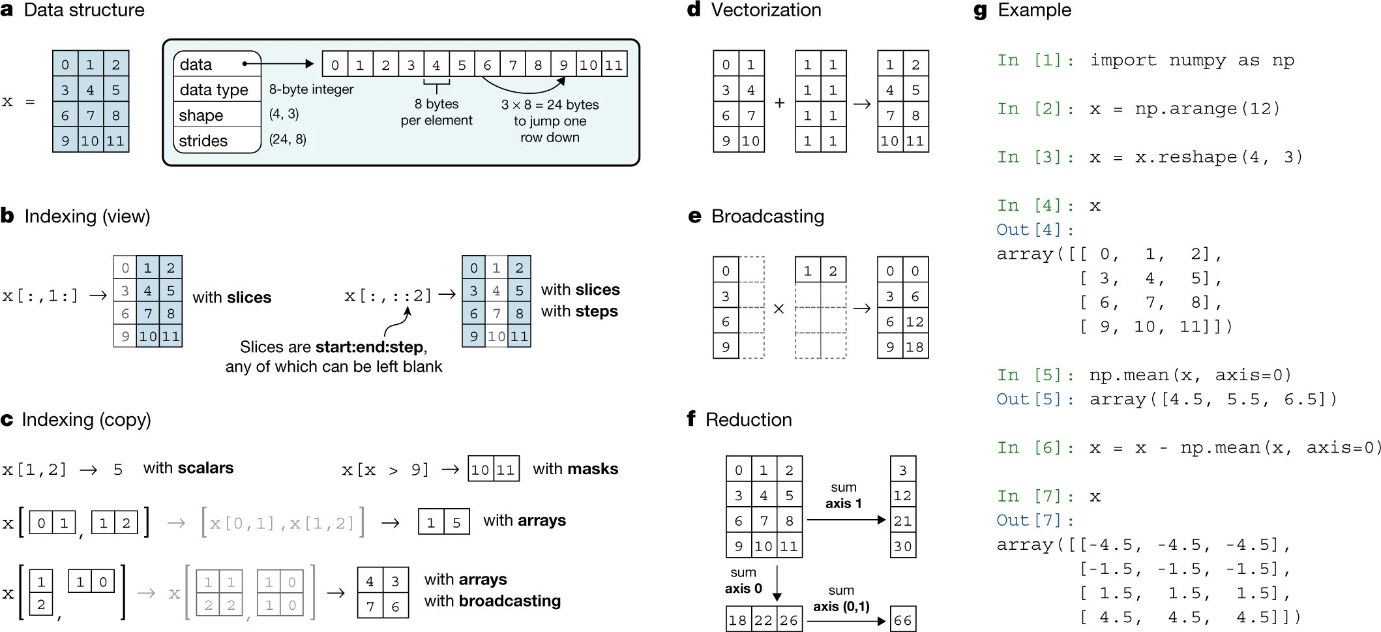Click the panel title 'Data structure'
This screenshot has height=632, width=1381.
pyautogui.click(x=84, y=10)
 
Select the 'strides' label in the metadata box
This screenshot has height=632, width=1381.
pyautogui.click(x=203, y=141)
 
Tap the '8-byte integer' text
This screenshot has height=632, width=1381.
pyautogui.click(x=311, y=89)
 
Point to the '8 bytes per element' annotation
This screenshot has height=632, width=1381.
pyautogui.click(x=436, y=112)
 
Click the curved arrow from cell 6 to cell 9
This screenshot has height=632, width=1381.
pyautogui.click(x=523, y=87)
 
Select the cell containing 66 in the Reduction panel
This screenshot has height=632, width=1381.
pyautogui.click(x=903, y=620)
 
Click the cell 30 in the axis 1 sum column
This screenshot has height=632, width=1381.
pyautogui.click(x=903, y=545)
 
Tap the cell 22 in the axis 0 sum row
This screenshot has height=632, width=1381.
pyautogui.click(x=764, y=620)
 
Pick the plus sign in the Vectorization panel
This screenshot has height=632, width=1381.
pyautogui.click(x=779, y=102)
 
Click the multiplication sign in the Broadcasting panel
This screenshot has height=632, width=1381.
pyautogui.click(x=779, y=308)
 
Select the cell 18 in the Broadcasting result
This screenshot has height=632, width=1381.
pyautogui.click(x=915, y=346)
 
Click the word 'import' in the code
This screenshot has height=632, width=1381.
pyautogui.click(x=1123, y=61)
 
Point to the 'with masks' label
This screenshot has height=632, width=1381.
pyautogui.click(x=576, y=469)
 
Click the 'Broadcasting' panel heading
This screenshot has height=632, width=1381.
pyautogui.click(x=767, y=217)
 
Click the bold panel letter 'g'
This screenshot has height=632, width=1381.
pyautogui.click(x=980, y=11)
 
